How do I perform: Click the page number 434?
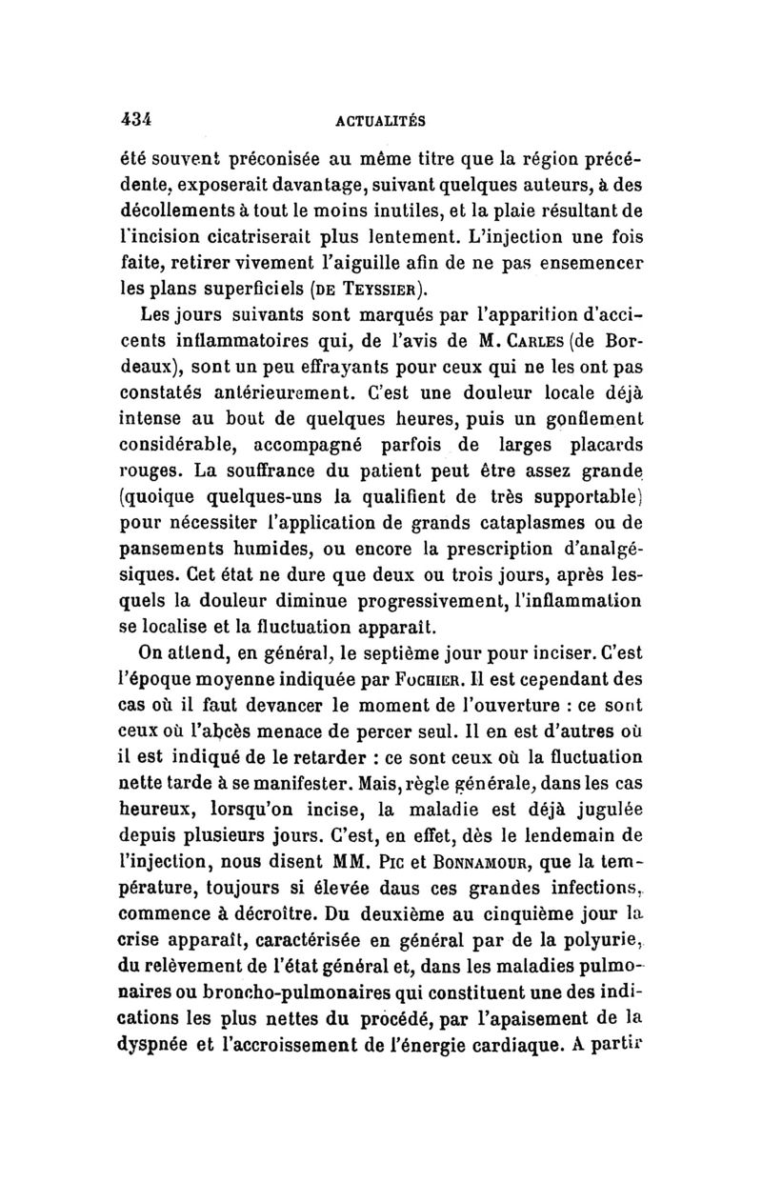138,118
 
